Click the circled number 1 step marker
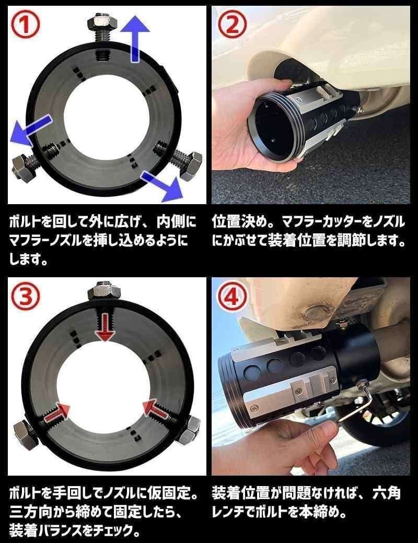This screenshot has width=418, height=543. coord(25,26)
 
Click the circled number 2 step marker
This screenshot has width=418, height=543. coord(231,26)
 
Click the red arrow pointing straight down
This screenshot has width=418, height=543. coord(106,325)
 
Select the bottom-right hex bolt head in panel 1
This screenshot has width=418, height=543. coord(189,166)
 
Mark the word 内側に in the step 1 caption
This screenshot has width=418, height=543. coord(176,222)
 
